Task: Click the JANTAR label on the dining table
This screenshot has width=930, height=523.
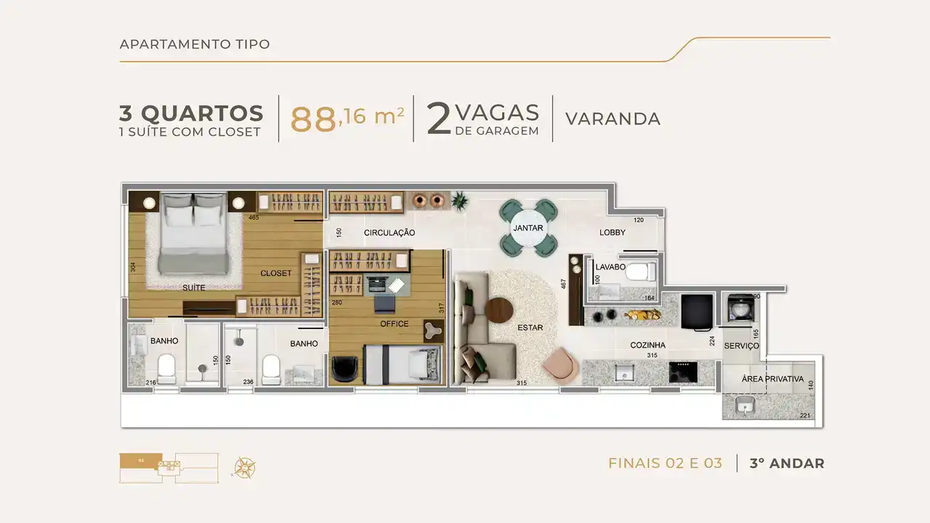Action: click(x=528, y=228)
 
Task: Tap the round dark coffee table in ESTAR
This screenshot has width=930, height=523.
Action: click(x=499, y=310)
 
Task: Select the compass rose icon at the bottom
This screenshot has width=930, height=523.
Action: click(x=245, y=467)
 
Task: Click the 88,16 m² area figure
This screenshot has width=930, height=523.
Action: click(x=347, y=119)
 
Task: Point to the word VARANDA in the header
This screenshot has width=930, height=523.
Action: click(x=612, y=119)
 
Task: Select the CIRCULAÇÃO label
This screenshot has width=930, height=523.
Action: click(x=389, y=233)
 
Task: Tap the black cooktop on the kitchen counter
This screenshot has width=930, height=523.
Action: click(x=683, y=372)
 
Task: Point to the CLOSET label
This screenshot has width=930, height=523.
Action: click(x=275, y=274)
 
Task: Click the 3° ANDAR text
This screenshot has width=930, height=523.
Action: click(x=787, y=463)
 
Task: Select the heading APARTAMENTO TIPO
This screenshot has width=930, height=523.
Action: click(x=195, y=44)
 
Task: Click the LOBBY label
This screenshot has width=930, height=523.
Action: click(x=612, y=232)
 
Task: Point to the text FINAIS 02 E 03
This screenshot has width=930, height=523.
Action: click(x=665, y=463)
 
